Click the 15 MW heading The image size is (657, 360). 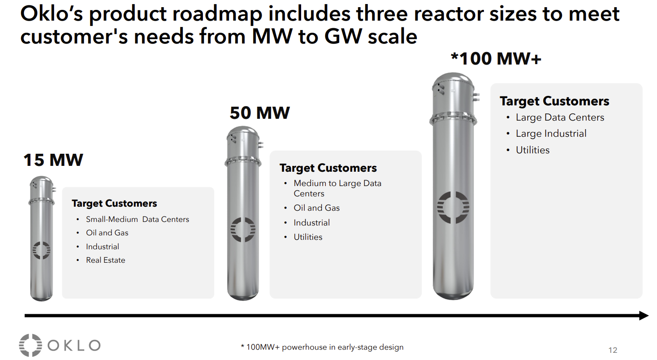tap(53, 160)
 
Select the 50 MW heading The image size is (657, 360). tap(259, 113)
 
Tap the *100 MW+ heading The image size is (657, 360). tap(496, 58)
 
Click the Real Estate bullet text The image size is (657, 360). tap(105, 260)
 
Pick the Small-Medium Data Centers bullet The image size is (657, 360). tap(137, 219)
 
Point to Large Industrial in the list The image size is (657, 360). tap(551, 134)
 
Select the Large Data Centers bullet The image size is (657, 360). tap(560, 117)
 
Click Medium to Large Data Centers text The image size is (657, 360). tap(337, 188)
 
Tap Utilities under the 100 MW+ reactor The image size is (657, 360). tap(532, 150)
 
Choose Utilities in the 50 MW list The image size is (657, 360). tap(308, 237)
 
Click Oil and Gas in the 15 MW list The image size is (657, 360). tap(107, 233)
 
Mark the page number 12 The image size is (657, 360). tap(613, 350)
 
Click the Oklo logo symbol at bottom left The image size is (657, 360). tap(30, 345)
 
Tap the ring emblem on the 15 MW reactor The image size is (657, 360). tap(41, 250)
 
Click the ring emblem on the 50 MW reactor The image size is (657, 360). tap(242, 230)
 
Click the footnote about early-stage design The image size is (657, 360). tap(322, 347)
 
